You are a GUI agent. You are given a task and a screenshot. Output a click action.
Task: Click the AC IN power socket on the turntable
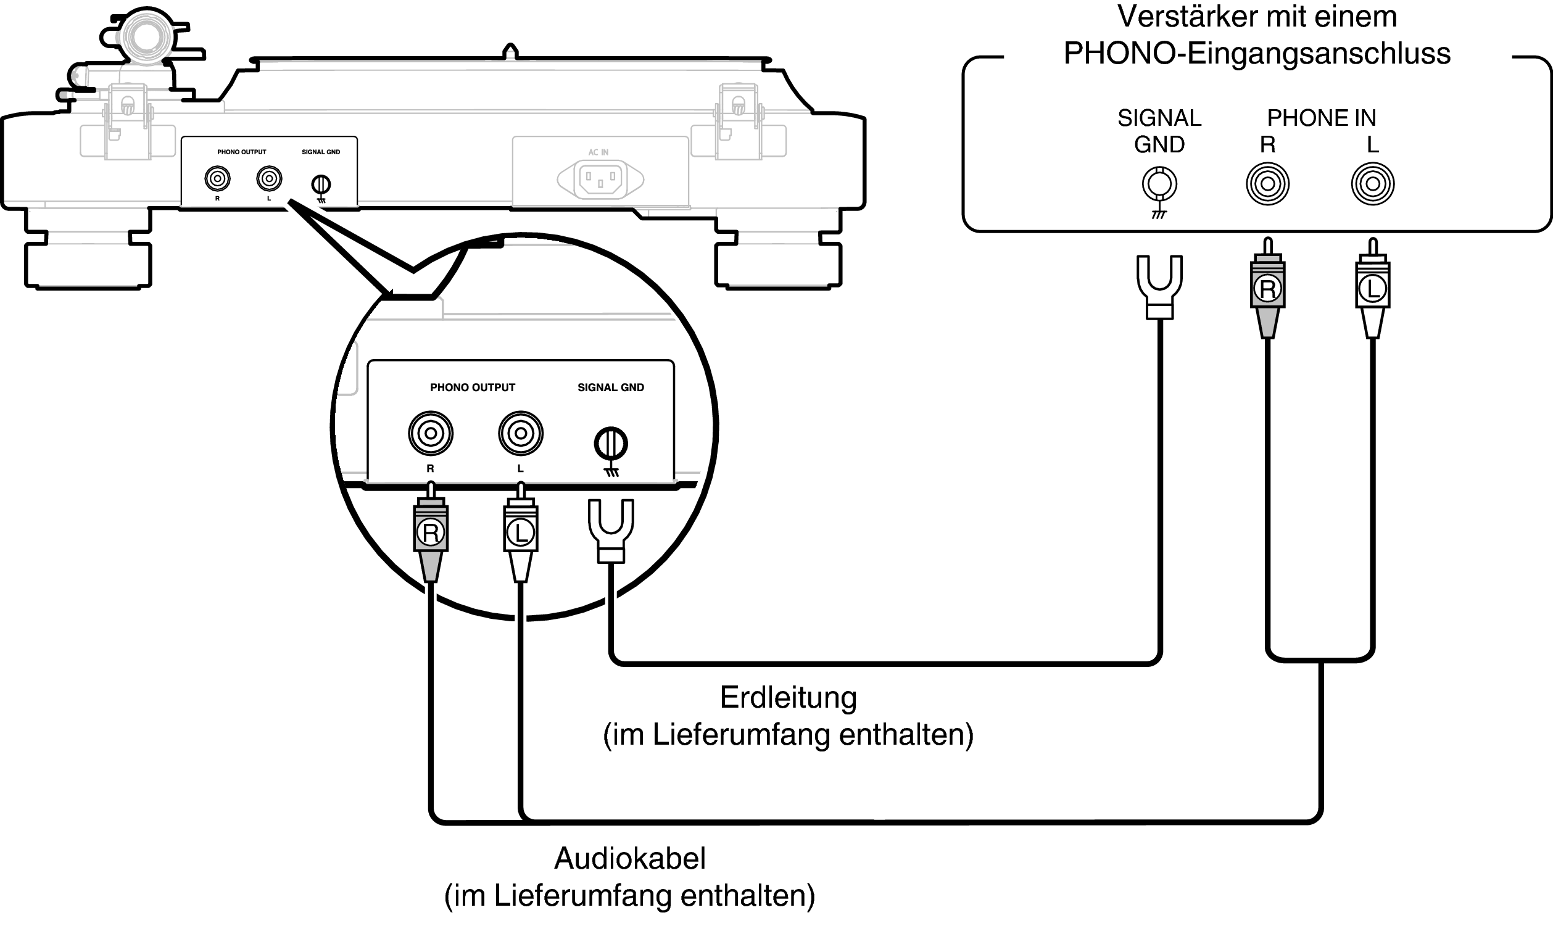point(600,180)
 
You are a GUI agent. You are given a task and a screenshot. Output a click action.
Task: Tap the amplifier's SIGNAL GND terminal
point(1159,184)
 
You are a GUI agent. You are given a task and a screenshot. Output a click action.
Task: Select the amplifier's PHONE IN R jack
point(1267,184)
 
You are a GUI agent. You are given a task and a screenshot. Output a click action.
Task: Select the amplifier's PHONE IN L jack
point(1372,184)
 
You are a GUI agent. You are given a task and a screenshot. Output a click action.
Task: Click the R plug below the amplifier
point(1267,289)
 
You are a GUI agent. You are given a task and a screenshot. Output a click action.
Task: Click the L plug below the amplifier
point(1372,289)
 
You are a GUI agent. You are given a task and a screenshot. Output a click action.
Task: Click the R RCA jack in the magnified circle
point(430,433)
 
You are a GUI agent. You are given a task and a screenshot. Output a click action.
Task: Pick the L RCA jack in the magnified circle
point(520,433)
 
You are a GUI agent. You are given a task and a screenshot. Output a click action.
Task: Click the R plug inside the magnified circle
point(430,532)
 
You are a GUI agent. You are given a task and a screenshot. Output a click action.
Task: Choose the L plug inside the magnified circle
point(520,532)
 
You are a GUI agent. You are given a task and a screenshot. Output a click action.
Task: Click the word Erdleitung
point(788,698)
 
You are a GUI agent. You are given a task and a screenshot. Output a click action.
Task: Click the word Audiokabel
point(630,858)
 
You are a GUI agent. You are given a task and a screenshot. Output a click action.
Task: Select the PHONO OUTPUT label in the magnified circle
point(472,387)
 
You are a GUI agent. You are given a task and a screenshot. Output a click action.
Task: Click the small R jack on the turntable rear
point(217,180)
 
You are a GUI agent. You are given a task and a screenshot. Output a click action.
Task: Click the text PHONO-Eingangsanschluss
point(1256,54)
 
